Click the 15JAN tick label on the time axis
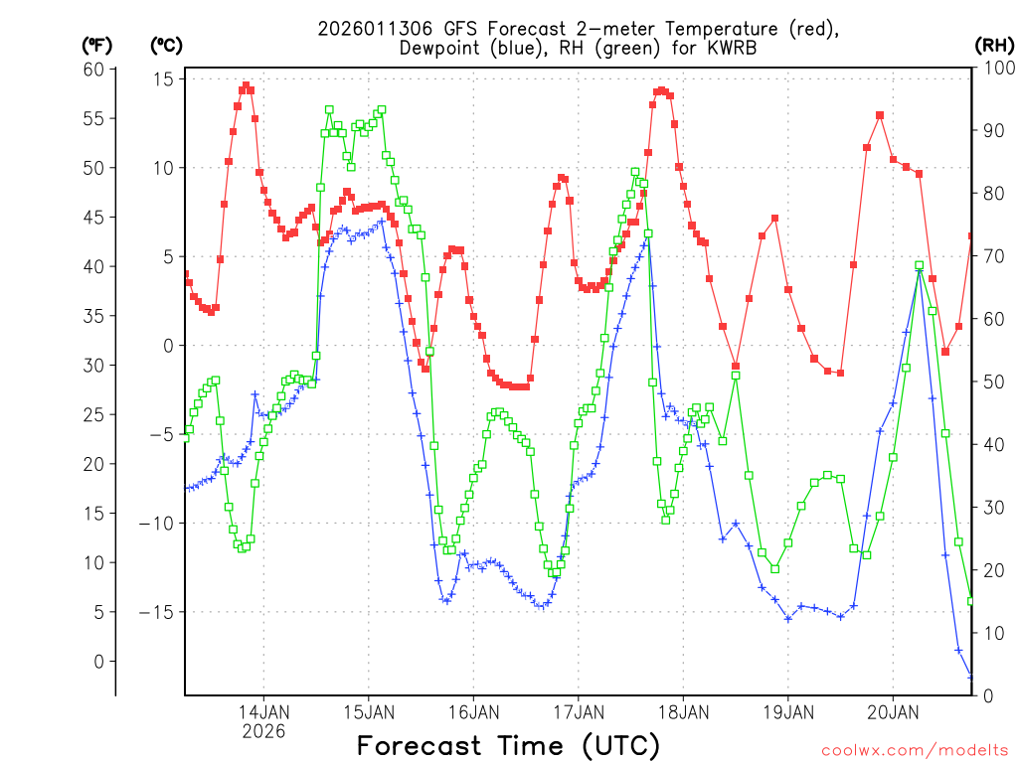[369, 712]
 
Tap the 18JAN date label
[683, 712]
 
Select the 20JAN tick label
[893, 712]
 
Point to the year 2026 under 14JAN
[263, 731]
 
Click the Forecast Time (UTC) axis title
[508, 745]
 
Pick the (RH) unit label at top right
[994, 45]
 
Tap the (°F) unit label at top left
[97, 45]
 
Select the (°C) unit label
[166, 45]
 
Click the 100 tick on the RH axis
[993, 69]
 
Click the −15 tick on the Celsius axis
[156, 612]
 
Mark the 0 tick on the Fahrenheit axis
[98, 661]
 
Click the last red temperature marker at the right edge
[971, 235]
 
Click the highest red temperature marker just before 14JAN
[246, 85]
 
